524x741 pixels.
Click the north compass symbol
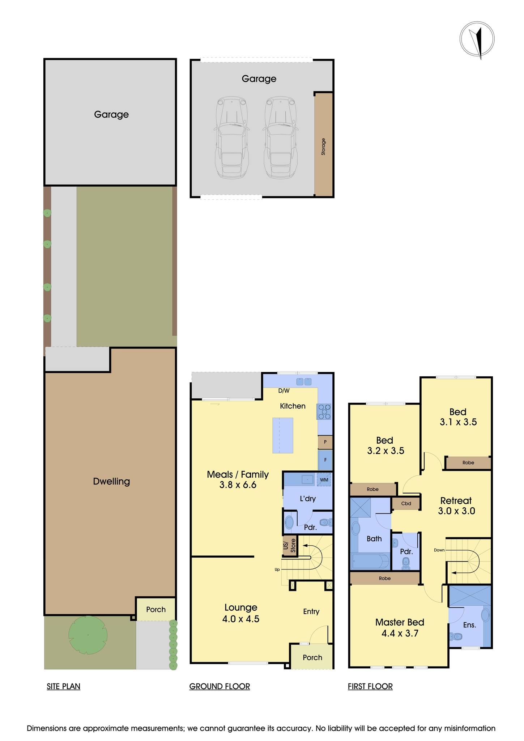pos(477,39)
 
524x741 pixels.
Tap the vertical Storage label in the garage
pos(323,147)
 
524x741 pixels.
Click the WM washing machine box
pos(324,480)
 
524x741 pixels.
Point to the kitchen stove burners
pos(324,412)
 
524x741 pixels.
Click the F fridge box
pos(325,460)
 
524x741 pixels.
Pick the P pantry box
pos(325,442)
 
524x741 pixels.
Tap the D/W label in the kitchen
pos(284,391)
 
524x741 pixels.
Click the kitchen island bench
pos(282,435)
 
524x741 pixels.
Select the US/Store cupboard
pos(290,546)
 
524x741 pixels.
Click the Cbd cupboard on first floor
pos(406,503)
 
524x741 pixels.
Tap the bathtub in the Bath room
pos(370,561)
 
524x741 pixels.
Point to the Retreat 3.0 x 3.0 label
pos(456,505)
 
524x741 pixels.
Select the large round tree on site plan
pos(88,635)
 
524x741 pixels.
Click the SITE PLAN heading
pos(63,686)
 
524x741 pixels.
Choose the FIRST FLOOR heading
pos(370,686)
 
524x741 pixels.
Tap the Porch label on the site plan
pos(156,609)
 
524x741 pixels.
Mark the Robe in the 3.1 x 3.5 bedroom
pos(468,462)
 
